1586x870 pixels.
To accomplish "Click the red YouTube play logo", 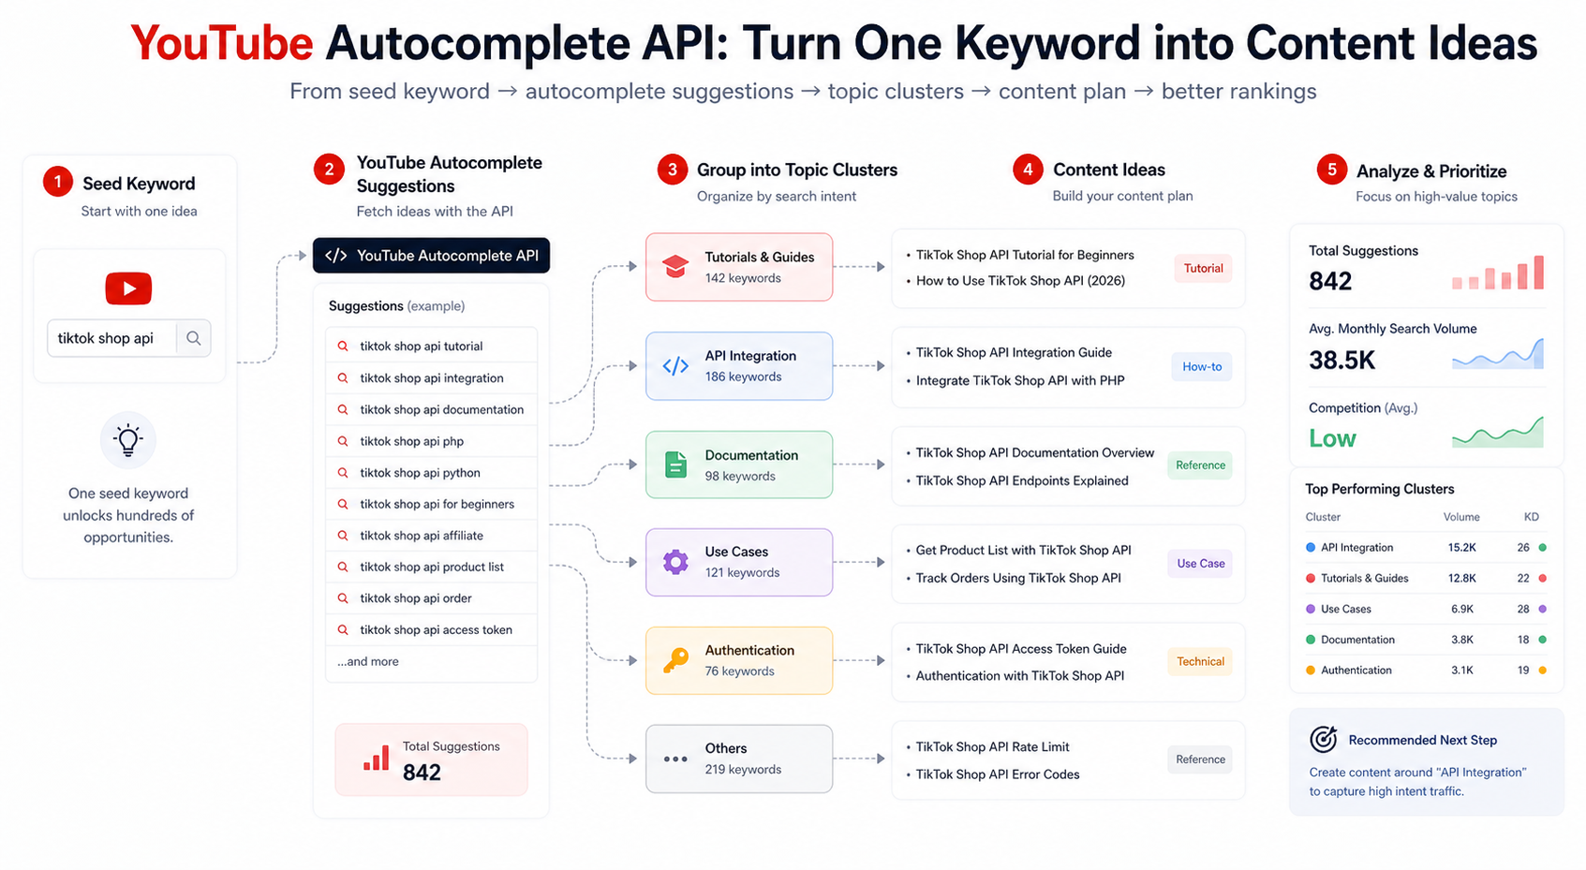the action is (x=128, y=288).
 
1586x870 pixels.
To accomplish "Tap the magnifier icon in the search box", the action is (x=193, y=338).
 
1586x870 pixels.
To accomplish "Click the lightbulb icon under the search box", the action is (x=128, y=440).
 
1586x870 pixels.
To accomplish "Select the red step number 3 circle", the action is (x=672, y=170).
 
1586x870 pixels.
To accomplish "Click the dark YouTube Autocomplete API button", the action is (x=431, y=256).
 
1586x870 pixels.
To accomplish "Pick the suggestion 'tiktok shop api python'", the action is (x=420, y=473).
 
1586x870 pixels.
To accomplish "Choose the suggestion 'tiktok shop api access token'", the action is (x=437, y=630).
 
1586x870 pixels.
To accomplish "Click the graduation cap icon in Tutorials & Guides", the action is (x=674, y=267).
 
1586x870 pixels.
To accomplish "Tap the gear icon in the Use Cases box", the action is (x=675, y=562).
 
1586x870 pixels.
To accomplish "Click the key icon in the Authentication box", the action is (x=675, y=660).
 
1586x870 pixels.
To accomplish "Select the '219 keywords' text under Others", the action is (x=743, y=770).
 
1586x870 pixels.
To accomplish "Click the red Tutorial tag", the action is (x=1203, y=268).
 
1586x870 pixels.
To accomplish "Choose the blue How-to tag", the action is (x=1202, y=367).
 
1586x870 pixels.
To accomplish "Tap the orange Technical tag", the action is (x=1200, y=661).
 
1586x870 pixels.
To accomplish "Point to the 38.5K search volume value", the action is (x=1341, y=361).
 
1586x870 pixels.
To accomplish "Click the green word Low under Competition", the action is (x=1332, y=439).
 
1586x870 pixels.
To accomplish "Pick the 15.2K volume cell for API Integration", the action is (x=1462, y=548).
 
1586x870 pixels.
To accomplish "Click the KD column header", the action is (x=1532, y=517).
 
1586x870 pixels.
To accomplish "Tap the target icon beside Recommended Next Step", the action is (x=1323, y=740).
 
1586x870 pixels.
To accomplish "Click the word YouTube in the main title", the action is (x=222, y=43).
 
